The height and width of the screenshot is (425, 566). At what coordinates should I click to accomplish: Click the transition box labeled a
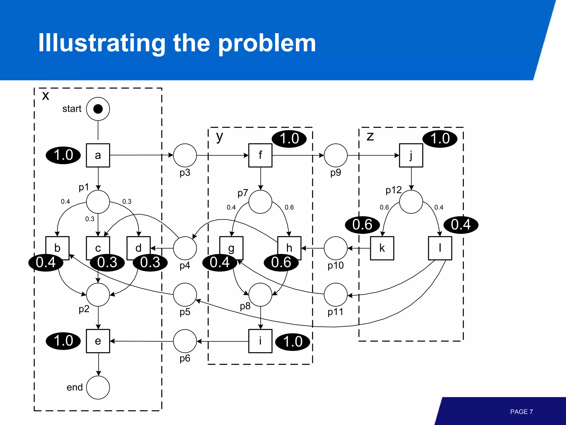[x=98, y=155]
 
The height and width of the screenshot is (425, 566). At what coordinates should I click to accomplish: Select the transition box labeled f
[x=260, y=155]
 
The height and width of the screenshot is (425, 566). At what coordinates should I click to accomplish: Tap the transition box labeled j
[x=411, y=155]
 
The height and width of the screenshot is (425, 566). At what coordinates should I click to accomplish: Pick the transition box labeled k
[x=382, y=248]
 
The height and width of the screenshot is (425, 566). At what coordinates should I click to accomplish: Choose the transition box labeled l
[x=440, y=248]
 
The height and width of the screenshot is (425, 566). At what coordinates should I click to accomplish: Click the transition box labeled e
[x=98, y=341]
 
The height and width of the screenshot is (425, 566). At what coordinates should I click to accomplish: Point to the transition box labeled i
[x=260, y=341]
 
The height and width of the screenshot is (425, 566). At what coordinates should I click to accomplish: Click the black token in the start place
[x=98, y=109]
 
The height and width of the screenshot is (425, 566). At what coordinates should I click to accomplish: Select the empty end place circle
[x=98, y=387]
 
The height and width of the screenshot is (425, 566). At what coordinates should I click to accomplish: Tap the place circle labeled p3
[x=185, y=155]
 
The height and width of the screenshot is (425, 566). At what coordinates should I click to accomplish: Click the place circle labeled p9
[x=336, y=155]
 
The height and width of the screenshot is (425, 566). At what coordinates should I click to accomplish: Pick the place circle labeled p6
[x=185, y=341]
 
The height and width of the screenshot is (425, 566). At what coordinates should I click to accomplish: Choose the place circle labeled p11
[x=336, y=295]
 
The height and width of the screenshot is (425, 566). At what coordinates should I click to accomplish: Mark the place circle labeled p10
[x=336, y=248]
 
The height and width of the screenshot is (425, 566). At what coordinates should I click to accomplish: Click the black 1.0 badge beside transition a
[x=63, y=155]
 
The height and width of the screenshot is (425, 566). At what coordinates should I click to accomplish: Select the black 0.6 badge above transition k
[x=362, y=225]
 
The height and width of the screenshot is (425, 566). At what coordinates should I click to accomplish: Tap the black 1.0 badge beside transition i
[x=293, y=342]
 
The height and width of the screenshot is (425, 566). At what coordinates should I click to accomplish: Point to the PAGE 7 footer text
[x=521, y=412]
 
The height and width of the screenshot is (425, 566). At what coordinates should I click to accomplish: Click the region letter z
[x=370, y=136]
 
